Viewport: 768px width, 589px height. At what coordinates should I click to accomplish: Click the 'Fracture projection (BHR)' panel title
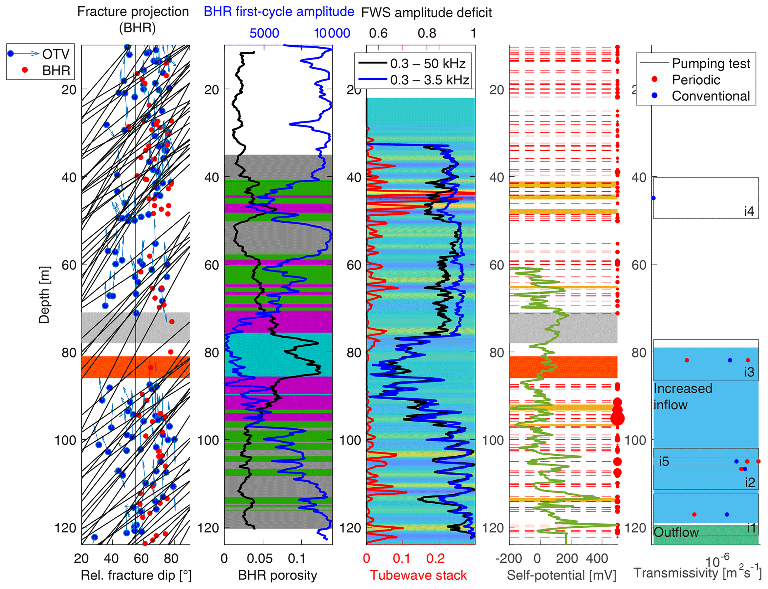pyautogui.click(x=133, y=19)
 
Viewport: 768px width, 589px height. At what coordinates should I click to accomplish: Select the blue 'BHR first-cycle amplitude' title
pyautogui.click(x=279, y=12)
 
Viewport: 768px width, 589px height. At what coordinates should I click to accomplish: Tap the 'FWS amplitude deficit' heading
pyautogui.click(x=426, y=13)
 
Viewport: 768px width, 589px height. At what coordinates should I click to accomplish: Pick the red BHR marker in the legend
pyautogui.click(x=25, y=70)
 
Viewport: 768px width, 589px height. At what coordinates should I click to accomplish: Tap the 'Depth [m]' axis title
pyautogui.click(x=44, y=294)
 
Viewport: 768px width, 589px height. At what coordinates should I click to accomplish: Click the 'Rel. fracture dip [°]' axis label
pyautogui.click(x=136, y=575)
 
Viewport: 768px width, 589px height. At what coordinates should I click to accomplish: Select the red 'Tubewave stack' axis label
pyautogui.click(x=418, y=575)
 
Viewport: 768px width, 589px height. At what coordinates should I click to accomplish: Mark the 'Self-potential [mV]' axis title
pyautogui.click(x=561, y=575)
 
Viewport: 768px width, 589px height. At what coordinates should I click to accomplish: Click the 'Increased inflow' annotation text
pyautogui.click(x=683, y=397)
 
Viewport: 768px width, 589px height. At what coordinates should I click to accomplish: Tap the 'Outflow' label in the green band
pyautogui.click(x=676, y=533)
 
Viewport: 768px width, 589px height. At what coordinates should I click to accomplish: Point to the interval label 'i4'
pyautogui.click(x=749, y=211)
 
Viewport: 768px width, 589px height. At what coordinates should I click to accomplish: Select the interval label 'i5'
pyautogui.click(x=664, y=461)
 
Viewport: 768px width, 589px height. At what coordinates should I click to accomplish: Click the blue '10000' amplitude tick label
pyautogui.click(x=332, y=33)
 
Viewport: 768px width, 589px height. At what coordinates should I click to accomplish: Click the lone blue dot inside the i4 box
pyautogui.click(x=654, y=198)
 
